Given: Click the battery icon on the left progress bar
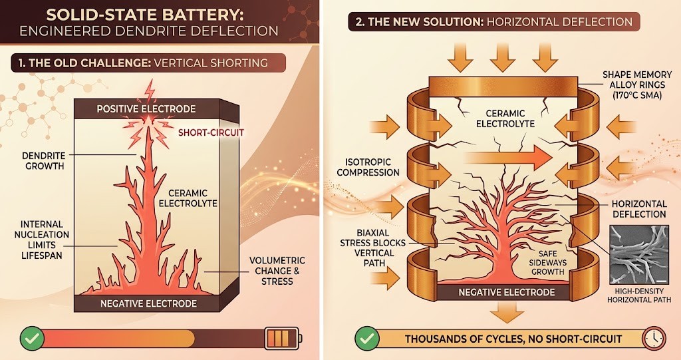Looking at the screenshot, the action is (x=283, y=338).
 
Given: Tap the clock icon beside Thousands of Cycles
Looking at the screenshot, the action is (x=654, y=338).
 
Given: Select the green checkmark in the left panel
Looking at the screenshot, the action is (x=32, y=339).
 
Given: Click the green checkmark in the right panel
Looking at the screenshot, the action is (x=367, y=339).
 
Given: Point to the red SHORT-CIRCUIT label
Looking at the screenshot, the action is (x=211, y=132).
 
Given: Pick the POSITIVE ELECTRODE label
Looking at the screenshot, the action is (x=146, y=108).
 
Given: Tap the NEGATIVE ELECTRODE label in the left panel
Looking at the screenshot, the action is (x=148, y=303).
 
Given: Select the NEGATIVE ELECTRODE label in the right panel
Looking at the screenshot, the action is (x=506, y=293).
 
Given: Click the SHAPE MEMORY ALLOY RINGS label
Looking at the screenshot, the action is (x=636, y=85).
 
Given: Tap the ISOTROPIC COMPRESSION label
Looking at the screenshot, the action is (x=368, y=167).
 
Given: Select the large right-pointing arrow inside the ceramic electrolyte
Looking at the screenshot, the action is (x=507, y=158).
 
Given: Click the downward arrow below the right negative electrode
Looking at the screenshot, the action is (x=507, y=312).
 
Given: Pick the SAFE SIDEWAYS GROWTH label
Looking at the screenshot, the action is (x=547, y=262).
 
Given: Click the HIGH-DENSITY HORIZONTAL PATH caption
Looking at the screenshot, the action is (x=638, y=295).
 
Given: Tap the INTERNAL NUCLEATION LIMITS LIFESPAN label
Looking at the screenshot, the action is (x=42, y=240).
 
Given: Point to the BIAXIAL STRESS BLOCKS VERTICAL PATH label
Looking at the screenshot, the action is (x=372, y=248).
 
